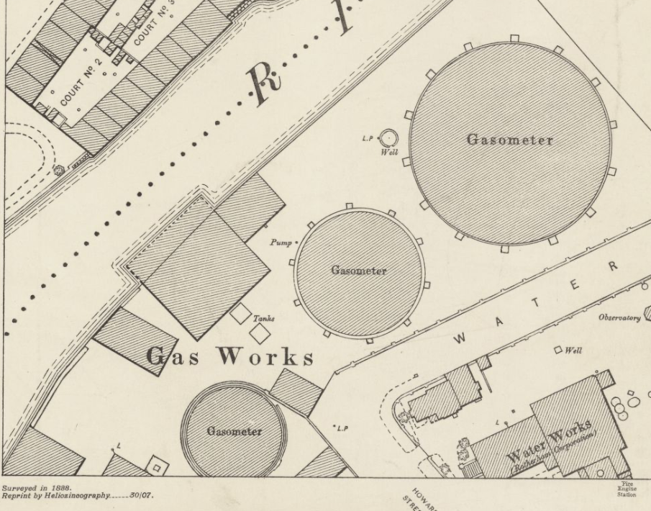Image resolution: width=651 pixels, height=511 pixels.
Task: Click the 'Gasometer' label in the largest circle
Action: (x=510, y=140)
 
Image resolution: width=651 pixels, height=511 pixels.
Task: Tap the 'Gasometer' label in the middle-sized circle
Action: (x=358, y=271)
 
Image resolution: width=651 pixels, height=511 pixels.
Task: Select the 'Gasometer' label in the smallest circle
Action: (x=235, y=431)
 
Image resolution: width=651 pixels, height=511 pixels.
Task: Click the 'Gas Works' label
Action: (x=230, y=356)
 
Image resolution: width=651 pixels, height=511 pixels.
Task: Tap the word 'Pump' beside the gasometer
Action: (x=281, y=243)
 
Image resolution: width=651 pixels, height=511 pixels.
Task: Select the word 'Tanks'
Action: (x=263, y=318)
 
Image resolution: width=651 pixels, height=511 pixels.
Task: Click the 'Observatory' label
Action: (x=619, y=318)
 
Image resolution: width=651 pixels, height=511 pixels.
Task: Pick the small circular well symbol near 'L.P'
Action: (x=388, y=137)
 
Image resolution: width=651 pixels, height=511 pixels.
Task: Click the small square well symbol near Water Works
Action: (x=557, y=350)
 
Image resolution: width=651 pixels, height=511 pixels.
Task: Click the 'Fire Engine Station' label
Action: (x=626, y=489)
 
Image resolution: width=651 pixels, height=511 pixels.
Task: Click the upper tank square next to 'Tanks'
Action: (x=240, y=314)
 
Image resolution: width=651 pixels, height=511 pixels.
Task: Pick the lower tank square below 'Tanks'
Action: (x=259, y=333)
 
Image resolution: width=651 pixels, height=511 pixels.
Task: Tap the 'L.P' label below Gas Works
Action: (x=342, y=429)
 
